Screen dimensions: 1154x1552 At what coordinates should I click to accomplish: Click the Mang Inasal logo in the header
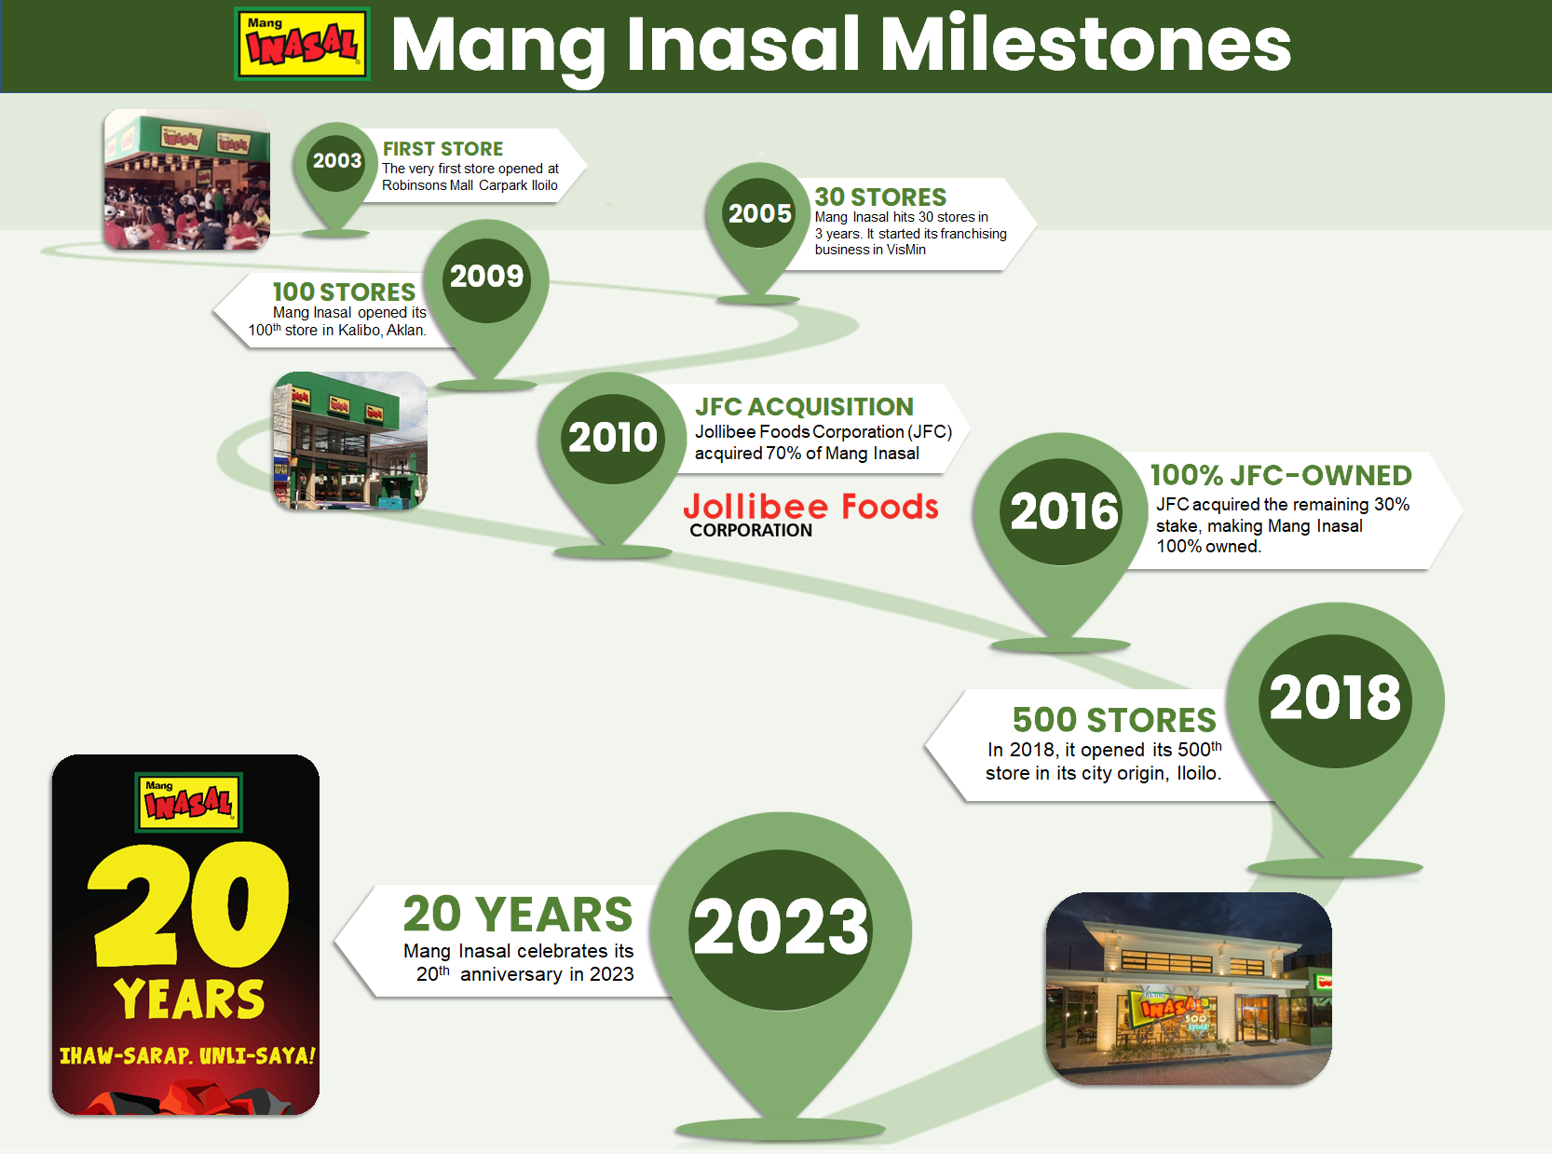(302, 44)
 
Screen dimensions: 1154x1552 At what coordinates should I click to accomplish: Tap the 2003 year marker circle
(336, 161)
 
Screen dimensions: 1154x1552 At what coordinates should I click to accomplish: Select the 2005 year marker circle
(759, 213)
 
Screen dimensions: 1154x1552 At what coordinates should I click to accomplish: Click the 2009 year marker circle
(486, 277)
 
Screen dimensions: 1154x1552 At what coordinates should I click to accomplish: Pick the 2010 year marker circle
(613, 437)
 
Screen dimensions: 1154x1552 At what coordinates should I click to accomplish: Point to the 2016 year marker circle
(1065, 511)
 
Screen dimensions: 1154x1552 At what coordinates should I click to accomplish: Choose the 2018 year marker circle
(1335, 699)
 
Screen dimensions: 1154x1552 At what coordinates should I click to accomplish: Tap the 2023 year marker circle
(781, 928)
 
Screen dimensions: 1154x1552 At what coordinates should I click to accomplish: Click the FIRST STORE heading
(442, 149)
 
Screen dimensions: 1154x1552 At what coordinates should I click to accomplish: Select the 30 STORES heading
(880, 197)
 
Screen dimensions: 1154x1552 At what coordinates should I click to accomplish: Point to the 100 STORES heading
(344, 292)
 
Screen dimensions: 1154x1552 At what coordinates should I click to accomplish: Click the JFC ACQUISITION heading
(804, 407)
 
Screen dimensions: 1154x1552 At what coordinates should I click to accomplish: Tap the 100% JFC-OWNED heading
(1281, 476)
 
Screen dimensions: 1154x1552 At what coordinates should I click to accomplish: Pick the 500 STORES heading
(1114, 720)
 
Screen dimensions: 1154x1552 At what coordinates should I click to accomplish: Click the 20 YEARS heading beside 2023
(518, 915)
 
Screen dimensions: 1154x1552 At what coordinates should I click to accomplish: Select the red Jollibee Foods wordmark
(810, 507)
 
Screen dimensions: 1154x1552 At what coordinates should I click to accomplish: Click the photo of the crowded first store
(187, 180)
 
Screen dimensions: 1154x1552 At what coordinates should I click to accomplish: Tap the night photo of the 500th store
(1189, 988)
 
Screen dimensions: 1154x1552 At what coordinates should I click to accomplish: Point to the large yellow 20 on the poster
(188, 904)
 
